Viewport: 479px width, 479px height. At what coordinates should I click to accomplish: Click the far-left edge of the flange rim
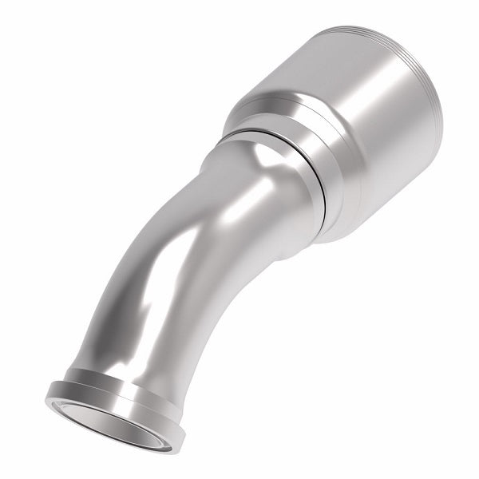point(48,391)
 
